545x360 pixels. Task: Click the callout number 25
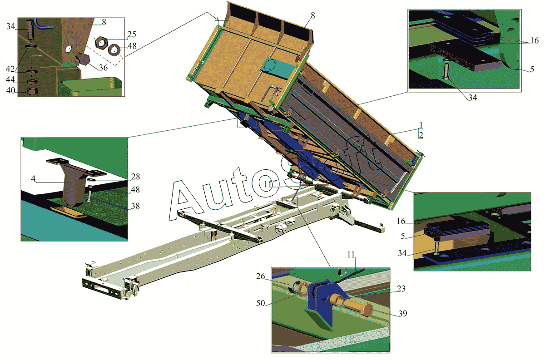(132, 35)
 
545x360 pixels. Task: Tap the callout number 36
(103, 68)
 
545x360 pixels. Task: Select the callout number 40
(10, 91)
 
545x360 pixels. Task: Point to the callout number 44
(10, 79)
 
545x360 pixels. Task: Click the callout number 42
(10, 69)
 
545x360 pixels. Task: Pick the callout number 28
(135, 177)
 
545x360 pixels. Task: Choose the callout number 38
(135, 206)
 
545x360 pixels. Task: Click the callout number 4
(33, 179)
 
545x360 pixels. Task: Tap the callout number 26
(260, 276)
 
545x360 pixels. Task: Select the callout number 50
(260, 303)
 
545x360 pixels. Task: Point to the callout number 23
(401, 289)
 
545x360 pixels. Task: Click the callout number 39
(403, 314)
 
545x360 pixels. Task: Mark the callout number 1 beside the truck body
(421, 125)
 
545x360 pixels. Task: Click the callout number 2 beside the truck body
(421, 135)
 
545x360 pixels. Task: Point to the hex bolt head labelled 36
(83, 59)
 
